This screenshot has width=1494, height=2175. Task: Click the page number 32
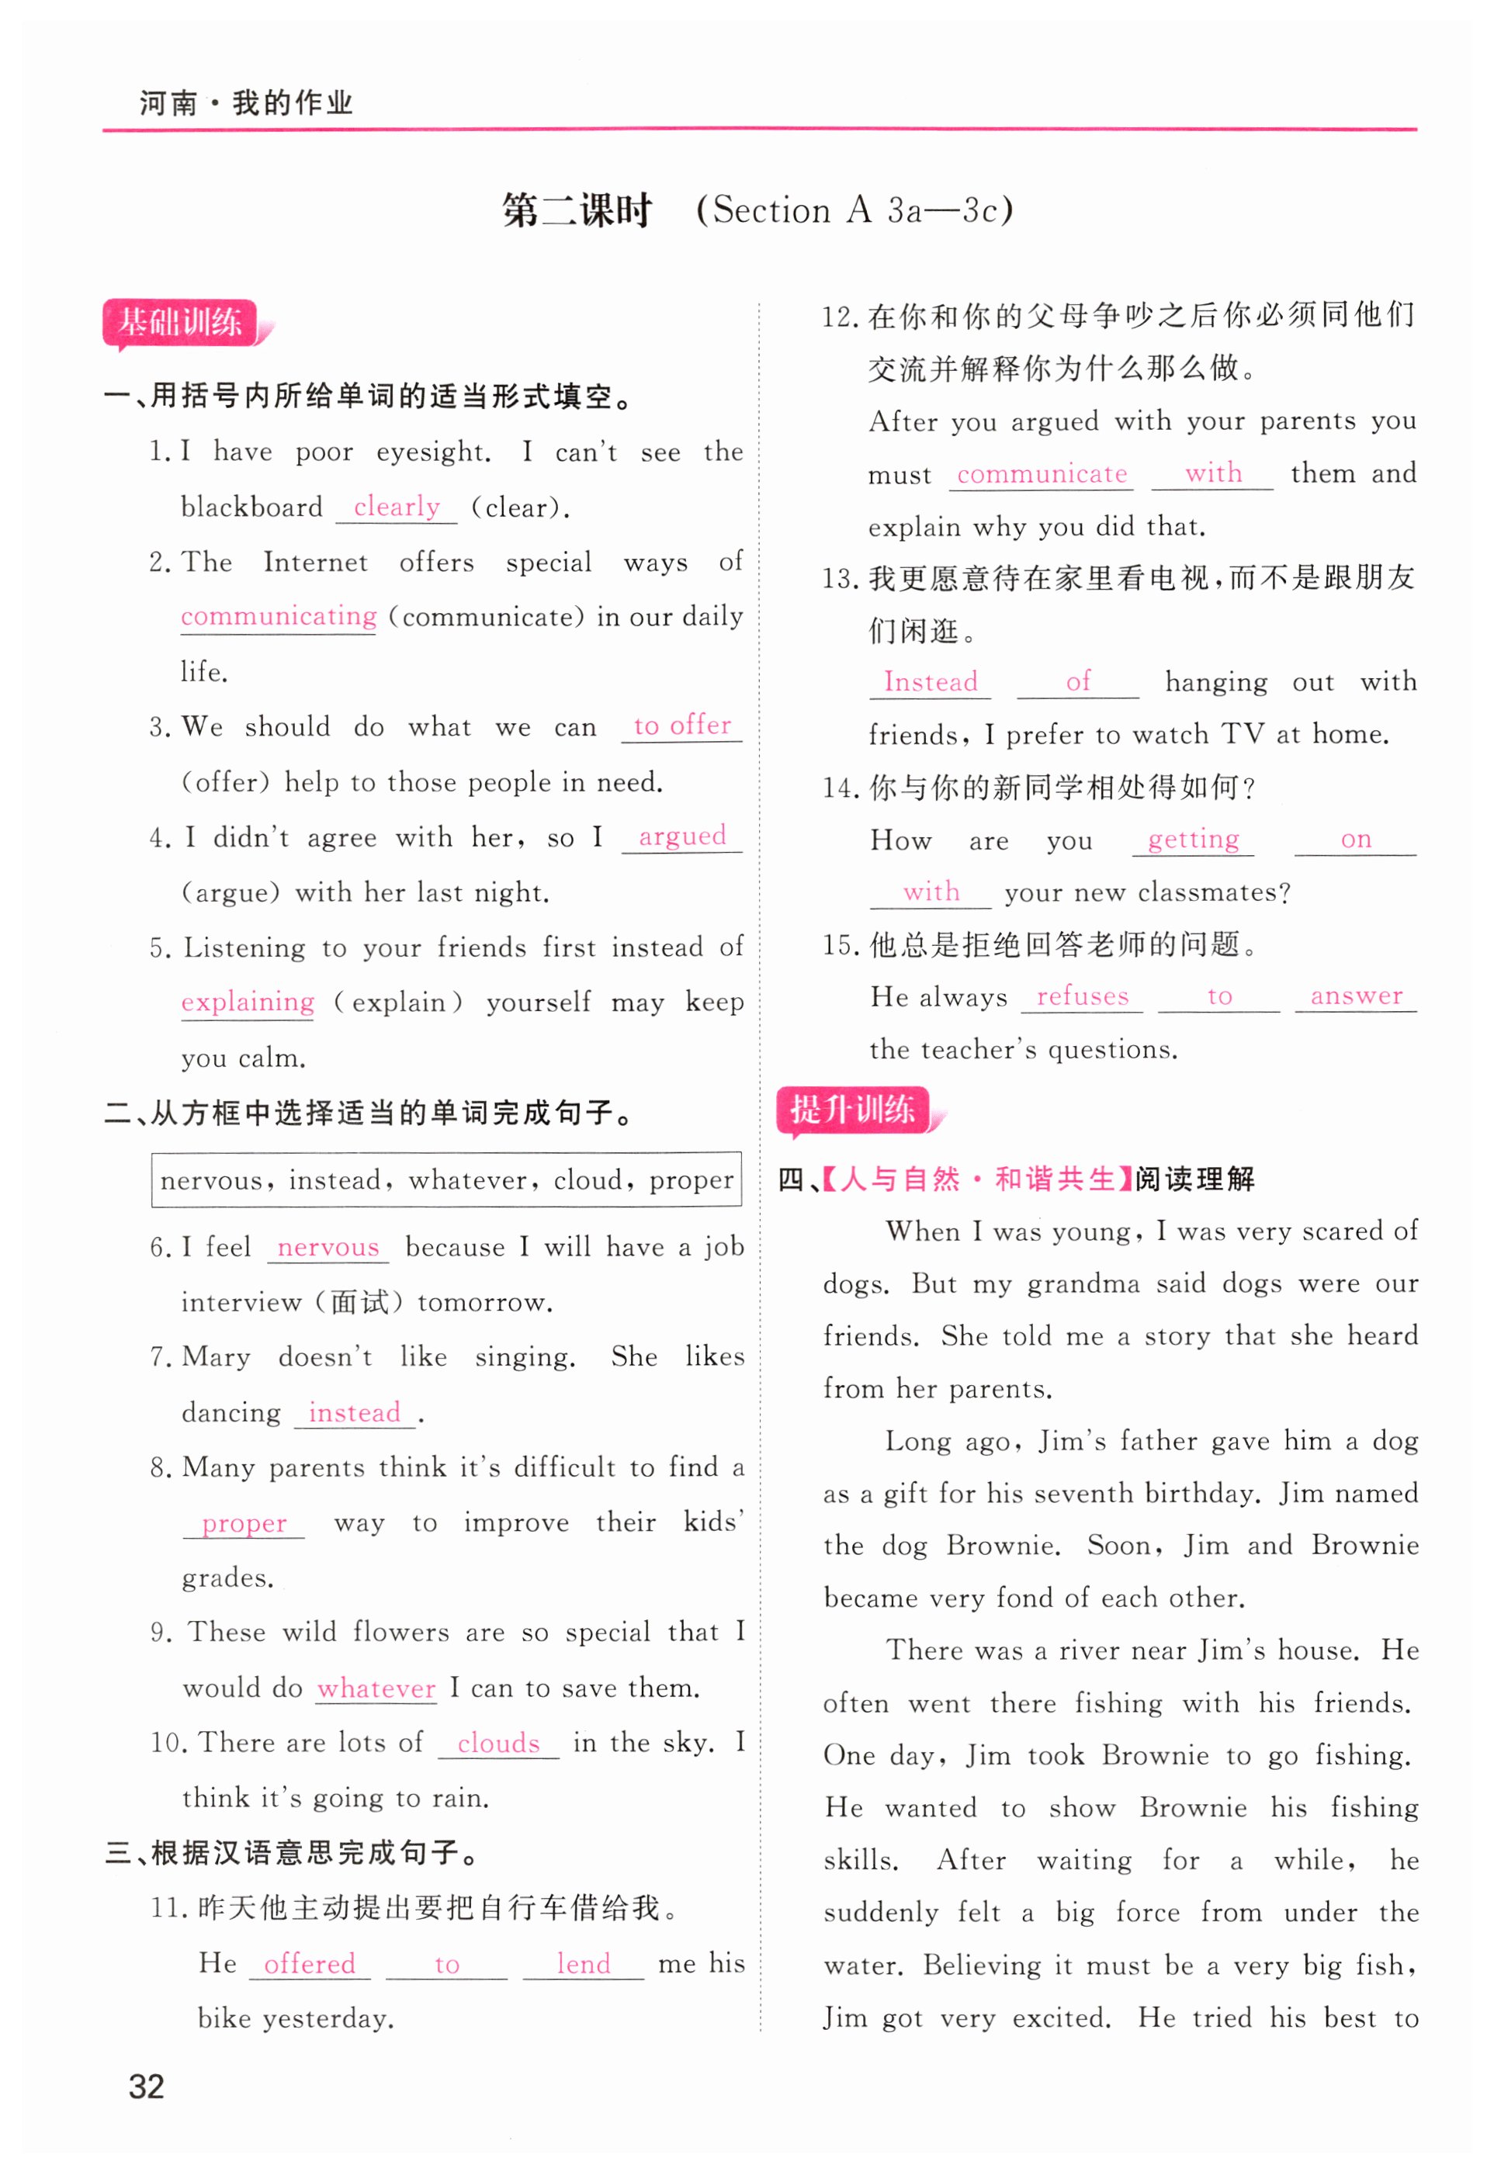click(x=146, y=2087)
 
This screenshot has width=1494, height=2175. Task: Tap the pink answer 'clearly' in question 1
click(x=397, y=507)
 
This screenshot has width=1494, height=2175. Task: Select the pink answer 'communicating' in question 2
click(x=278, y=616)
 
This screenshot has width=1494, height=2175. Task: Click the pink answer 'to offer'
click(x=681, y=726)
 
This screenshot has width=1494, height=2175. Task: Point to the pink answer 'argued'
click(x=681, y=836)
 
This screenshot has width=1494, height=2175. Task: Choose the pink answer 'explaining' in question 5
click(x=247, y=1002)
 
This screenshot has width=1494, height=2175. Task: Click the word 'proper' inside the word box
click(x=691, y=1180)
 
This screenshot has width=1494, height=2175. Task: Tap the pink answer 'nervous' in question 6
click(x=328, y=1248)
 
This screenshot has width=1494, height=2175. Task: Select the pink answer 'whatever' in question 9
click(x=376, y=1688)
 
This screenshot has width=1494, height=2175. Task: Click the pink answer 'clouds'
click(x=498, y=1744)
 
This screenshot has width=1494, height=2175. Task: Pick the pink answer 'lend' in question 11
click(x=582, y=1963)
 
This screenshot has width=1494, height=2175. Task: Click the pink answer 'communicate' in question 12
click(x=1041, y=474)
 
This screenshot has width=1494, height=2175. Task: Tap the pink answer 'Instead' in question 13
click(x=930, y=681)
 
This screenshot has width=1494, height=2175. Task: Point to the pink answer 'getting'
click(x=1193, y=840)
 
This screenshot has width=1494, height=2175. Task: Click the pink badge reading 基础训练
click(x=180, y=323)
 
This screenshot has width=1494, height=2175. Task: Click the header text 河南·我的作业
click(x=245, y=103)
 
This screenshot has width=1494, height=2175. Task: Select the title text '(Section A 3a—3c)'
click(x=854, y=210)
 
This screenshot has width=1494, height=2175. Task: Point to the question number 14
click(x=840, y=788)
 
